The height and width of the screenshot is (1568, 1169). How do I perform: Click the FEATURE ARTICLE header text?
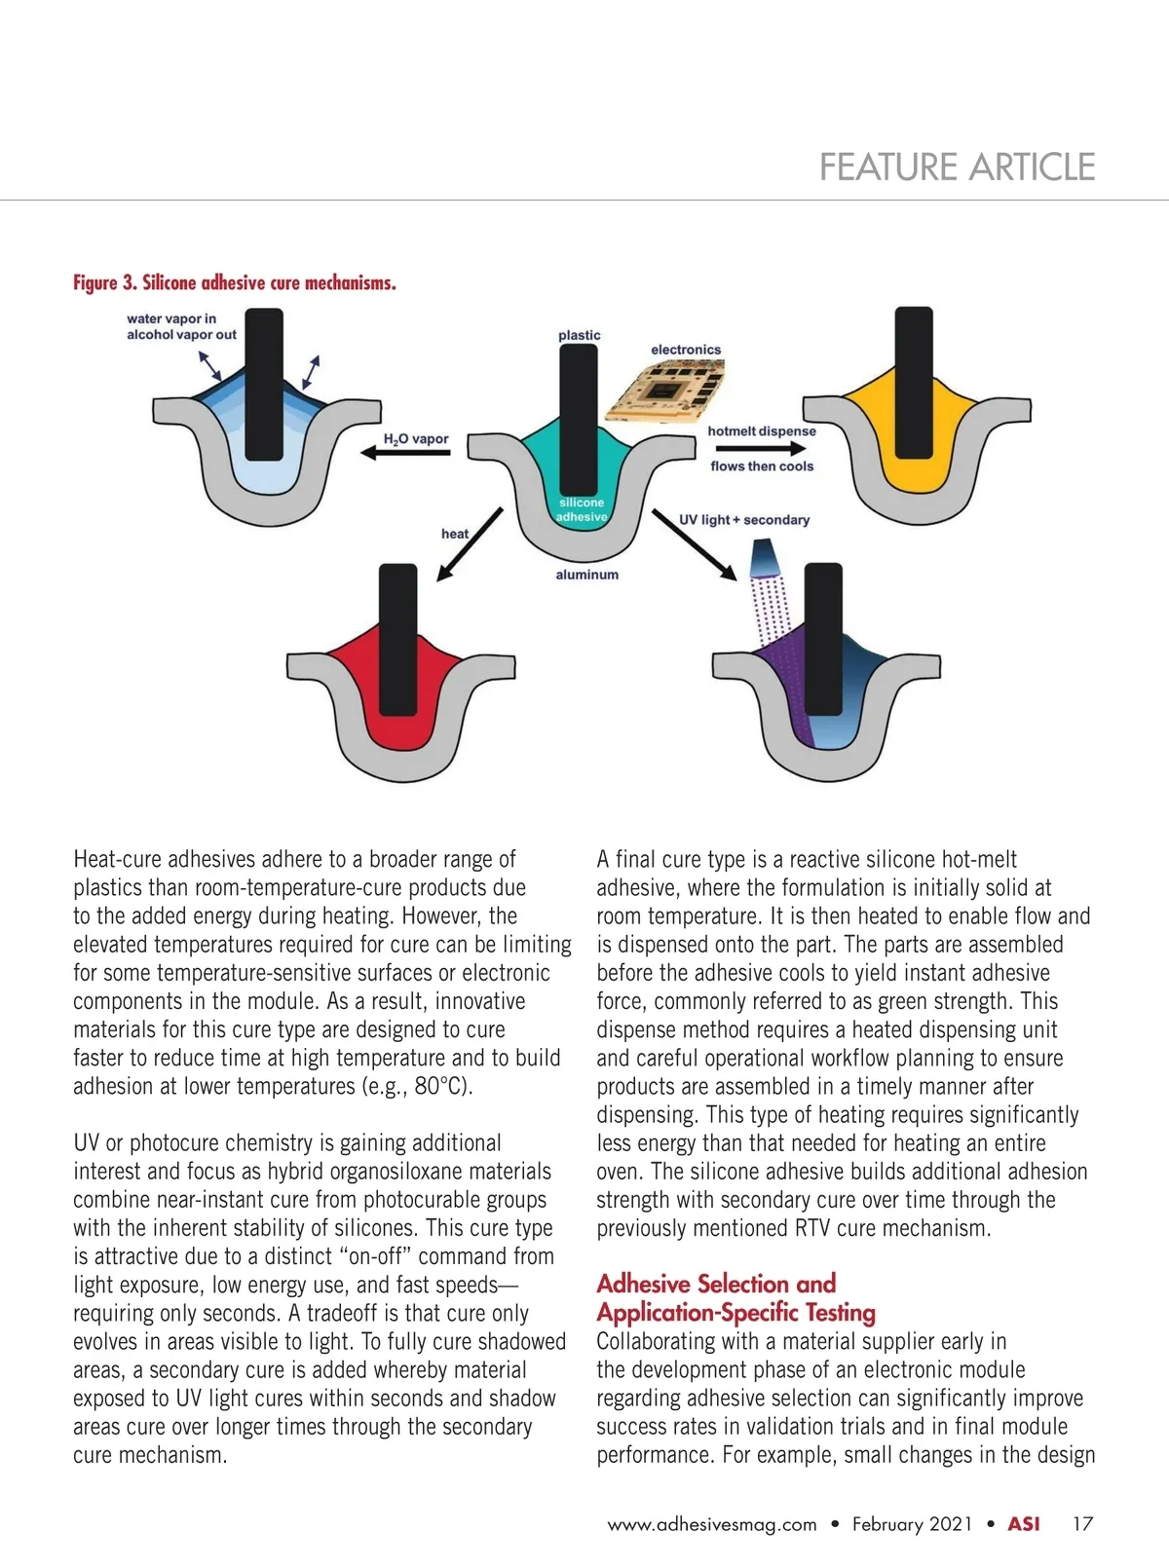[957, 168]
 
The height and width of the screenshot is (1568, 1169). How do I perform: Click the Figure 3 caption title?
[235, 283]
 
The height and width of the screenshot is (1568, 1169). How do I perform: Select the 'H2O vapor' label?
[416, 439]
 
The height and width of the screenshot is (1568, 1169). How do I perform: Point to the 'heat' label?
[454, 534]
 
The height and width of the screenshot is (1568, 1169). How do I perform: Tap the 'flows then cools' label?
[762, 467]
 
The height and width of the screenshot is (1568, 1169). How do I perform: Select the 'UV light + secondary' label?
[744, 520]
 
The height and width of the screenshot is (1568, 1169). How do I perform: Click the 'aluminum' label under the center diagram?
[586, 575]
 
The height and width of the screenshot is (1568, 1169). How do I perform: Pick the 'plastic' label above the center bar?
[579, 335]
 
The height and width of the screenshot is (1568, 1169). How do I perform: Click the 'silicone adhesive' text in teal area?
[582, 509]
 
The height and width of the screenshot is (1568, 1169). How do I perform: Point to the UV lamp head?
[762, 560]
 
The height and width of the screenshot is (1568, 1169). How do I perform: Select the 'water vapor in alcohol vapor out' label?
[181, 326]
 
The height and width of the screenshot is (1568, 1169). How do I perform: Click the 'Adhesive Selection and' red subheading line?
[716, 1284]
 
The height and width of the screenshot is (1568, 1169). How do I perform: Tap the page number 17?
[1082, 1524]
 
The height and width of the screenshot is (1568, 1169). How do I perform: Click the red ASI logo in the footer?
[1023, 1524]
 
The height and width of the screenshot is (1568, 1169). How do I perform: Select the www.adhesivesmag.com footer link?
[712, 1525]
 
